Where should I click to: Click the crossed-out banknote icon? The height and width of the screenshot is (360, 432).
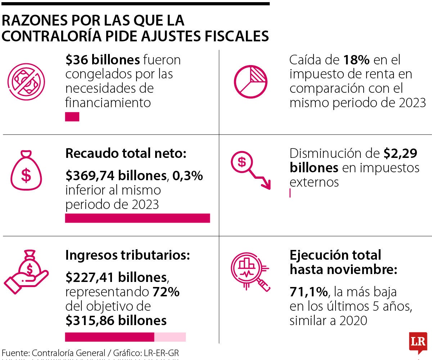point(26,81)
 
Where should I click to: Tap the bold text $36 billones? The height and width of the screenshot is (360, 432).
point(103,60)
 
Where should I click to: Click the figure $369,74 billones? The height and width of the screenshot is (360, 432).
point(116,176)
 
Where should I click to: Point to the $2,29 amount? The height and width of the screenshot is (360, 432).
point(400,154)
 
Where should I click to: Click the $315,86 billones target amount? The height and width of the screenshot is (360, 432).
point(116,320)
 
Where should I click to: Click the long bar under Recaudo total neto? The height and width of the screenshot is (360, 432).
point(137,218)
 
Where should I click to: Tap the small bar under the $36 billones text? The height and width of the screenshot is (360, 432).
point(72,117)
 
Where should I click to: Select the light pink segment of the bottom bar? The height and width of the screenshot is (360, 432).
point(170,337)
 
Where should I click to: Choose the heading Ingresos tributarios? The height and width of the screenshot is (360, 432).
point(127,255)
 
